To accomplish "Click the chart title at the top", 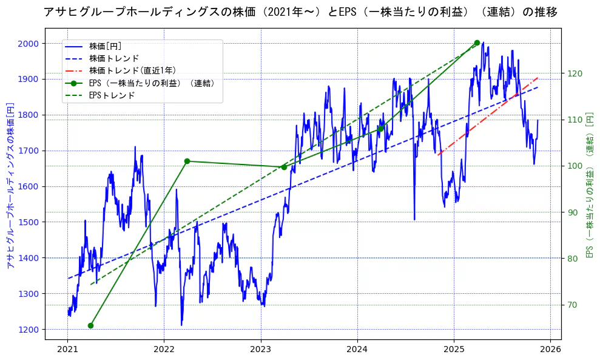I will [300, 12].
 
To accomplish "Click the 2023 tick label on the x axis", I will [260, 350].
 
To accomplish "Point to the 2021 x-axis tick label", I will [67, 350].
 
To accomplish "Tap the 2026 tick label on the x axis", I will [550, 350].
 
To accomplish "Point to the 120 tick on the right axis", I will [574, 73].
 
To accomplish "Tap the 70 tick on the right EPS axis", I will [572, 305].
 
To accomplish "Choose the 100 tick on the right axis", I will [574, 166].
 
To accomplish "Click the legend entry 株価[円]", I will [104, 46].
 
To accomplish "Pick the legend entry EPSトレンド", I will [112, 95].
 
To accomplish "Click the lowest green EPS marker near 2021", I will [90, 325].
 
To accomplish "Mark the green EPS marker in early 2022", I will [187, 161].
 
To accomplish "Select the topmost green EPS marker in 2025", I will [477, 42].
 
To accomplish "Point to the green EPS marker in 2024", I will [380, 129].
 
